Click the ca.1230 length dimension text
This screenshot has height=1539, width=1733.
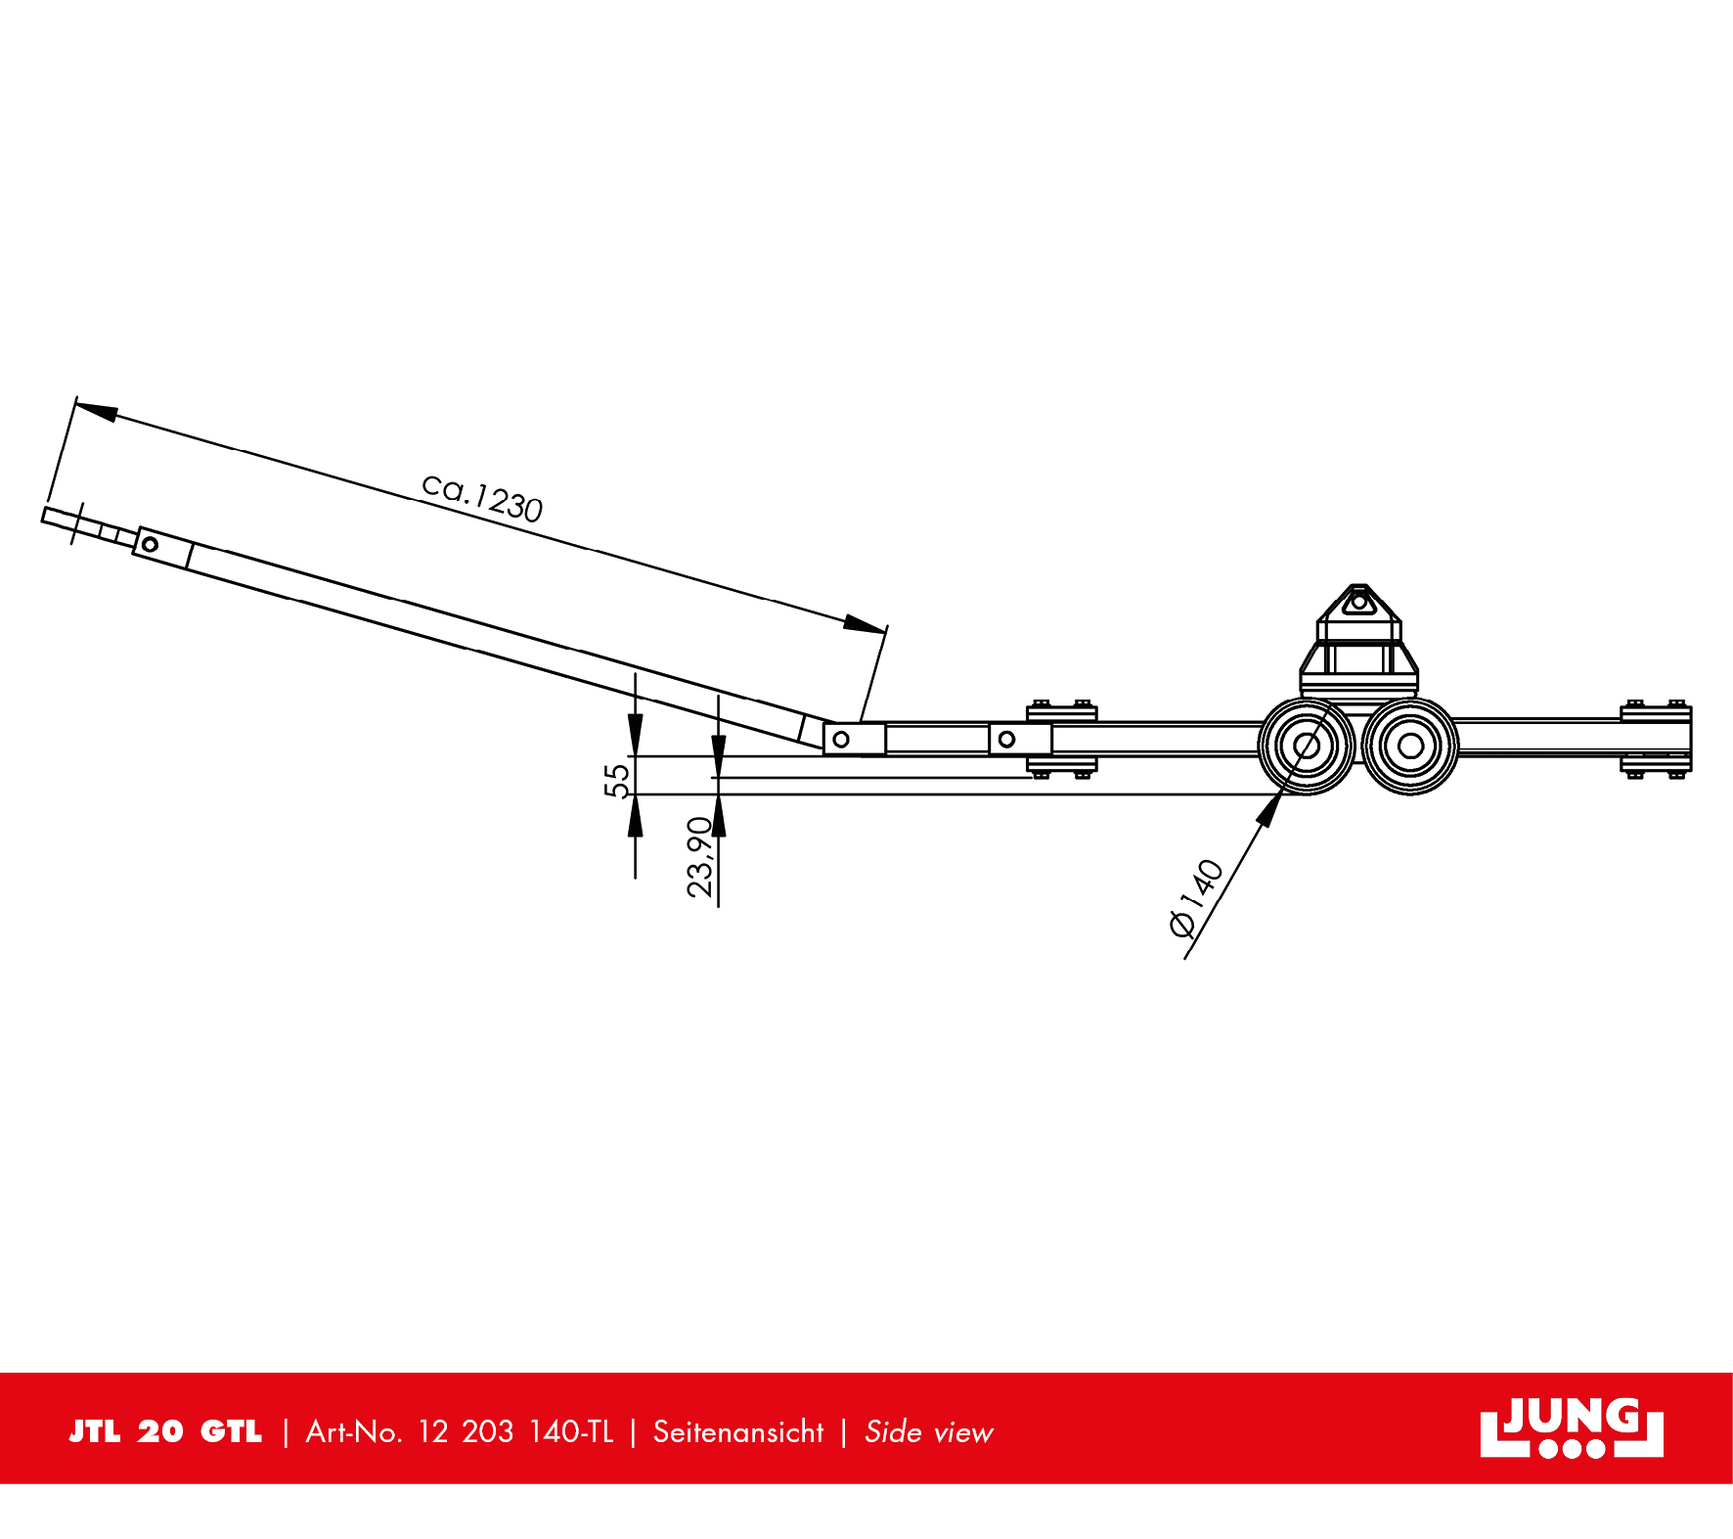pyautogui.click(x=481, y=498)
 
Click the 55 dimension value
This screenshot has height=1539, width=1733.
pyautogui.click(x=616, y=781)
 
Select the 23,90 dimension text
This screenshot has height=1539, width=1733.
pyautogui.click(x=700, y=857)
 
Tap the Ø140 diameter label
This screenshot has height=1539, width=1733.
pyautogui.click(x=1195, y=897)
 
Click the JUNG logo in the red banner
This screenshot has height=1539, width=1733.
pyautogui.click(x=1571, y=1427)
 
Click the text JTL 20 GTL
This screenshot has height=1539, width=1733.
pyautogui.click(x=165, y=1431)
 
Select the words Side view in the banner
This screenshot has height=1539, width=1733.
pyautogui.click(x=928, y=1432)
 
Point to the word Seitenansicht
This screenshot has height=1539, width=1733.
pyautogui.click(x=738, y=1432)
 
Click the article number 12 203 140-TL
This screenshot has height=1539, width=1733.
pyautogui.click(x=515, y=1432)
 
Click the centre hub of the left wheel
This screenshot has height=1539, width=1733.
pyautogui.click(x=1307, y=746)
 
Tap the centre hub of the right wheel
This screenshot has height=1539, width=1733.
pyautogui.click(x=1410, y=746)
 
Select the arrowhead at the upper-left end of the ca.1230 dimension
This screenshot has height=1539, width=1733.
pyautogui.click(x=96, y=410)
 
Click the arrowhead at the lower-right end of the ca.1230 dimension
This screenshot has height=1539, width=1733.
pyautogui.click(x=865, y=624)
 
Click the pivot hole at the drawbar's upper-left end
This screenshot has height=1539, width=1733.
pyautogui.click(x=150, y=544)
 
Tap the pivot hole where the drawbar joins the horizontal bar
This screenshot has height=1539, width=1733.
pyautogui.click(x=840, y=739)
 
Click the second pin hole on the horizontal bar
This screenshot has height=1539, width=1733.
pyautogui.click(x=1006, y=739)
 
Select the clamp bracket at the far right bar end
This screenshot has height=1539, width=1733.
pyautogui.click(x=1656, y=739)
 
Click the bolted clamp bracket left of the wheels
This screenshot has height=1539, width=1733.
pyautogui.click(x=1062, y=739)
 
